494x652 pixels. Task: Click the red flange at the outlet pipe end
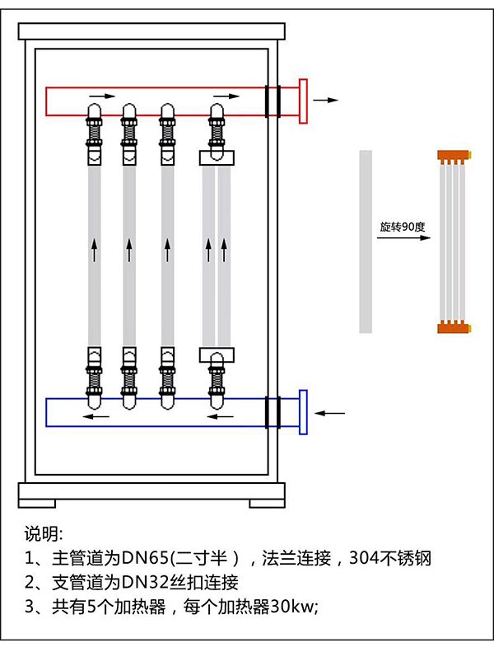coord(303,100)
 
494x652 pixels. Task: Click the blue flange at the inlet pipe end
coord(303,411)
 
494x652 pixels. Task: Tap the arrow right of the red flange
coord(327,100)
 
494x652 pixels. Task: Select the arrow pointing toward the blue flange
coord(333,412)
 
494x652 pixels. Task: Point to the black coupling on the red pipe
coord(273,101)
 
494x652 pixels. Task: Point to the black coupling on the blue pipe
coord(273,412)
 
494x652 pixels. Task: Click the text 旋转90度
coord(399,226)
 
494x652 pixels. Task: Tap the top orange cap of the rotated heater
coord(453,154)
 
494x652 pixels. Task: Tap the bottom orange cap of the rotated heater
coord(453,327)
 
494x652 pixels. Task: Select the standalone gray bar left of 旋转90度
coord(366,242)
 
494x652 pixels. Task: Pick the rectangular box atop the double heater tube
coord(217,157)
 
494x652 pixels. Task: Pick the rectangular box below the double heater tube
coord(217,354)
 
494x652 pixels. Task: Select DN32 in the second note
coord(143,583)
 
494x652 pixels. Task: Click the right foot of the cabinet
coord(268,502)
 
